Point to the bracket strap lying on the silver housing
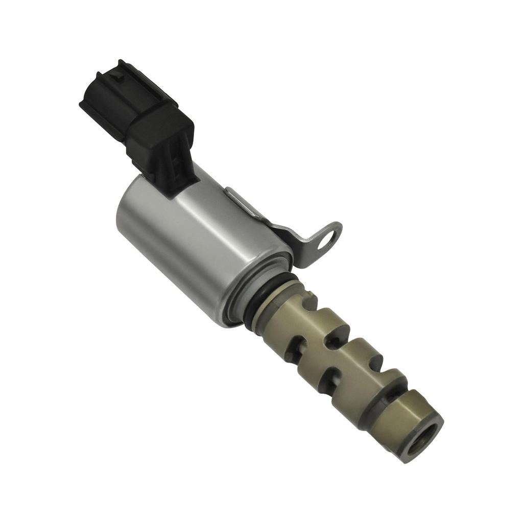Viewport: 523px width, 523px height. (245, 204)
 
